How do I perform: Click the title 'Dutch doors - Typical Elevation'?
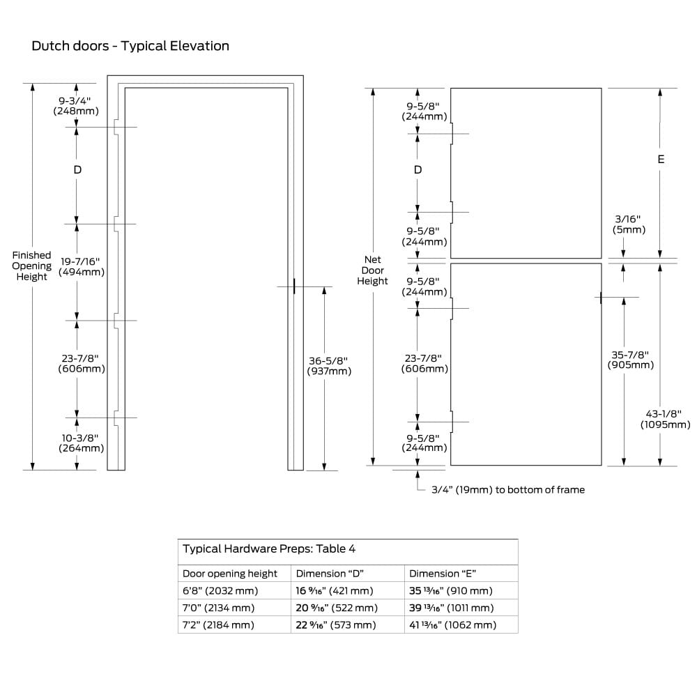130,46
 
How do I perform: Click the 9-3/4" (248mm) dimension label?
76,106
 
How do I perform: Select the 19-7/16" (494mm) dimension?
82,267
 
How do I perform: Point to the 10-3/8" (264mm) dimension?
81,443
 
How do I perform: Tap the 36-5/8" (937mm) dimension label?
329,366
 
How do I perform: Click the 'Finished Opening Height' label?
31,266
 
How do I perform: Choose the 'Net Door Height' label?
372,270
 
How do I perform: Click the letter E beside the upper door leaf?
661,159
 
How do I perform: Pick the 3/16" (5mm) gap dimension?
629,224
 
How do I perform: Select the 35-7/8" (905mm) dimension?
630,360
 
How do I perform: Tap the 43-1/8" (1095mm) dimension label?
665,419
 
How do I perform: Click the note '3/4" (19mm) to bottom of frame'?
508,490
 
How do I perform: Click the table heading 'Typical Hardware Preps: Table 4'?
269,549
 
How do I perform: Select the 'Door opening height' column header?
230,574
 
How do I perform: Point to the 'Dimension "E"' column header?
443,574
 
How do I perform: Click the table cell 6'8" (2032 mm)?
220,591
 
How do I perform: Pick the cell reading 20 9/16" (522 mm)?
337,608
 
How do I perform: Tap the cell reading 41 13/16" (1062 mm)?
452,625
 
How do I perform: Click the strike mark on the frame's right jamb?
294,286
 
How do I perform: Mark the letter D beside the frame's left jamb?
77,170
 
